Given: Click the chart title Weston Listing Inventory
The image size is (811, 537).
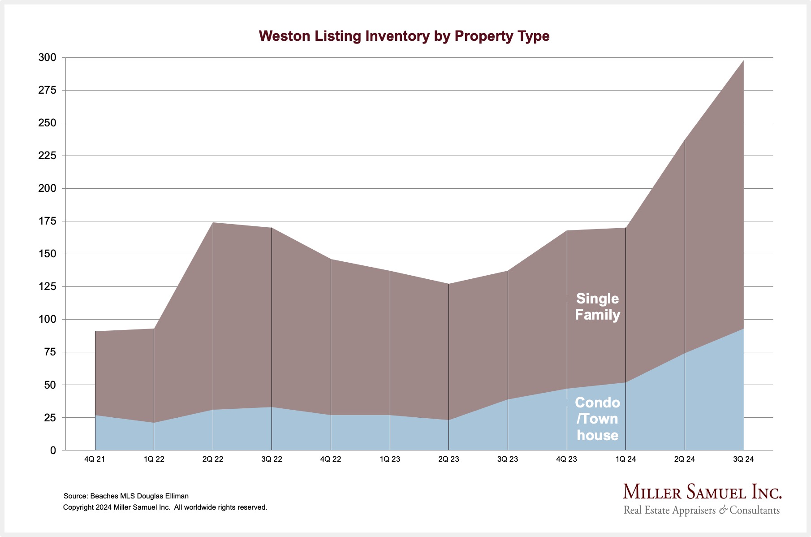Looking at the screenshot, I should click(x=404, y=36).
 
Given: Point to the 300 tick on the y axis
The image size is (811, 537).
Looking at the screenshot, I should click(x=47, y=57).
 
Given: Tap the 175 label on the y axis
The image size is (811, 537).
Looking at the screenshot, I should click(x=47, y=221).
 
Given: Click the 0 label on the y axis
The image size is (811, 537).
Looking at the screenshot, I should click(x=53, y=450).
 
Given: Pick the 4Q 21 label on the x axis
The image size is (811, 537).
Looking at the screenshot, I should click(x=95, y=459).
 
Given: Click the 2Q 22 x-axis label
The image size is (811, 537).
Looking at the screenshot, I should click(x=213, y=459).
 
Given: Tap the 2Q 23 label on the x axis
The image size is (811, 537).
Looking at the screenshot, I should click(x=449, y=459).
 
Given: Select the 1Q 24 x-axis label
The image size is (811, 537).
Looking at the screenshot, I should click(x=626, y=459).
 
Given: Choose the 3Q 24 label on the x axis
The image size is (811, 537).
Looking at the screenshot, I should click(x=743, y=459).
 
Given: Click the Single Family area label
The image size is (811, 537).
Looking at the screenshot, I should click(x=597, y=307).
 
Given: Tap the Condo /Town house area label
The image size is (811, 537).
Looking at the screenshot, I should click(x=597, y=419).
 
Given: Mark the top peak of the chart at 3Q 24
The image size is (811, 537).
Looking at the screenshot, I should click(x=744, y=60).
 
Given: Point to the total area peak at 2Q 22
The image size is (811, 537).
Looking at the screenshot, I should click(x=213, y=222).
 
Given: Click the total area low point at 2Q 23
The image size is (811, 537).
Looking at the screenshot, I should click(x=449, y=284).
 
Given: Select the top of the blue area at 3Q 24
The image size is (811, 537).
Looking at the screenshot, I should click(x=744, y=329).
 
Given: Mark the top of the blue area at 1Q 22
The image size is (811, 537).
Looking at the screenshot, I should click(x=154, y=423).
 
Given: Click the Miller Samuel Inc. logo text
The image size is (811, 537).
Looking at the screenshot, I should click(x=702, y=492).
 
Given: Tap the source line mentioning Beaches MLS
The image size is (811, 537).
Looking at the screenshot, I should click(x=126, y=496).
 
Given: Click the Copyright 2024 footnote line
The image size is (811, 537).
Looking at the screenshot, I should click(x=165, y=507).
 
